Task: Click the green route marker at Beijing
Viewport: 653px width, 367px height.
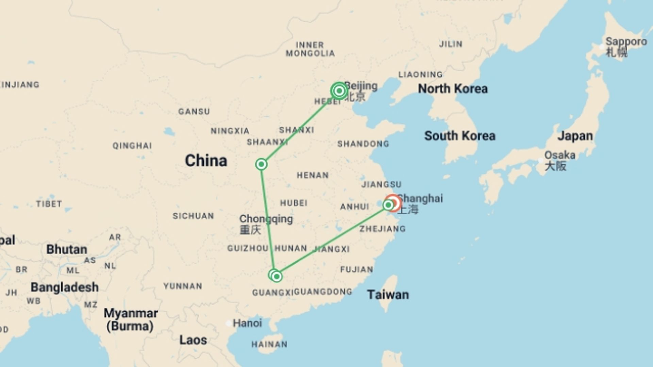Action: (x=339, y=91)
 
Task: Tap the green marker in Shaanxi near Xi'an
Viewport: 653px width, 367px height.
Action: (x=261, y=164)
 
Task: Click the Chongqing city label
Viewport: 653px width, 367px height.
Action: (x=266, y=219)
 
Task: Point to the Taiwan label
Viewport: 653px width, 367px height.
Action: (x=388, y=295)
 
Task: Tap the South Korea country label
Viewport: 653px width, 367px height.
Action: (x=459, y=136)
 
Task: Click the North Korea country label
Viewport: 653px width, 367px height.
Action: (x=453, y=89)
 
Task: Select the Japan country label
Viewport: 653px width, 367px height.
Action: (x=575, y=136)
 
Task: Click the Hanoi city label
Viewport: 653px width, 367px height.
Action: (x=247, y=323)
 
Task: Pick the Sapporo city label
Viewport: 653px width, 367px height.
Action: (x=626, y=42)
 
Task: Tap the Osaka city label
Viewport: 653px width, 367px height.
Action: (x=560, y=155)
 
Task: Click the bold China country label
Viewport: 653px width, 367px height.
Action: (x=206, y=161)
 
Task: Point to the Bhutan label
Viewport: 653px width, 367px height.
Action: (x=67, y=249)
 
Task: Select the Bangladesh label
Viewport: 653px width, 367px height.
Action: (x=65, y=287)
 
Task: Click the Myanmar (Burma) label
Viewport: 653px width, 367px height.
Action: (x=131, y=319)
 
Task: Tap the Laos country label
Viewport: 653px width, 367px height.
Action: (x=193, y=340)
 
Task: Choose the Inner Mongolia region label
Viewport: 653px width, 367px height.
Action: (x=310, y=49)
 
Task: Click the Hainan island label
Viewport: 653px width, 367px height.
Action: (x=269, y=345)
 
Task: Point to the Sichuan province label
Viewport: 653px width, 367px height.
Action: (x=193, y=216)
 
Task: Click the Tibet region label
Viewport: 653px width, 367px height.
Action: (x=49, y=204)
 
